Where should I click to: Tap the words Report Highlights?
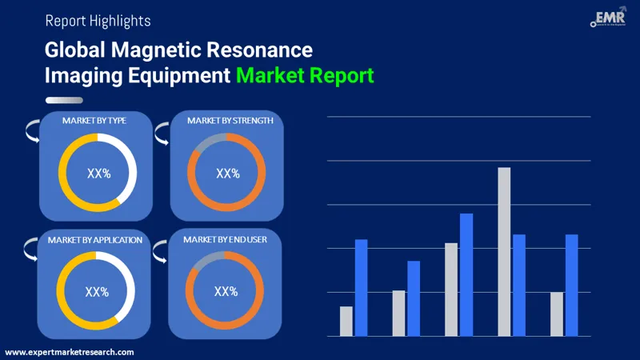98,20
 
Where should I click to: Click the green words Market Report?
304,77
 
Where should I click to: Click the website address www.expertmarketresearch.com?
70,352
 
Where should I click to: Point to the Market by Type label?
94,120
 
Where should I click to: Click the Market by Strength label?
230,120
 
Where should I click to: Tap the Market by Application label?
94,239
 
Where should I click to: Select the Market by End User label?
225,239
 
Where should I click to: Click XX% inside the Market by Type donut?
98,172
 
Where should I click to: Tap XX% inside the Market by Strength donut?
228,173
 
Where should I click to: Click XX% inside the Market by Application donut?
97,292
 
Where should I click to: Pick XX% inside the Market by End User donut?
226,291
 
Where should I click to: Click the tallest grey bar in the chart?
504,251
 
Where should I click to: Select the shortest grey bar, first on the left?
346,321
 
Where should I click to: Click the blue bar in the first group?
361,287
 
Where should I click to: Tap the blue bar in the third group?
466,274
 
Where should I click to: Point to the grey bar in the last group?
557,314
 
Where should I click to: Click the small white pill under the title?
64,100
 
